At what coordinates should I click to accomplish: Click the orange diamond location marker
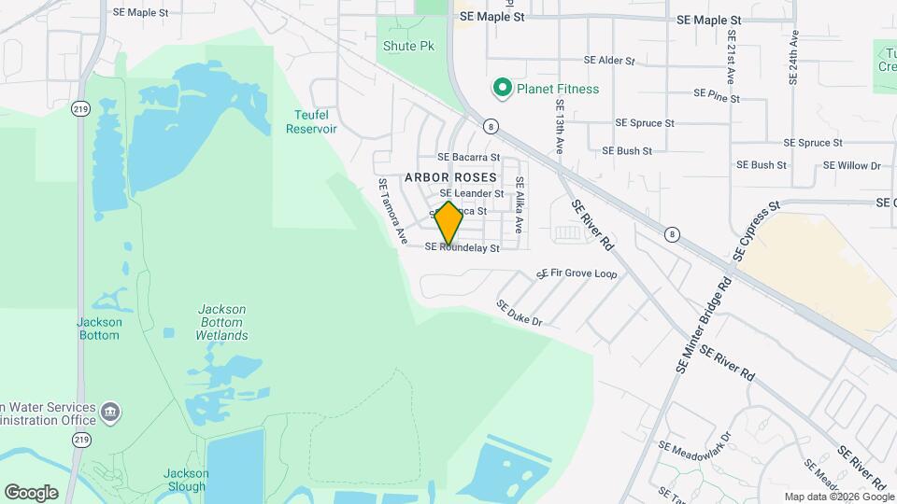(x=448, y=224)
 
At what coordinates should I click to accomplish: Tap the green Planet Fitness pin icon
(x=502, y=89)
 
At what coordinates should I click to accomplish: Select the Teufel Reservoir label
(x=311, y=121)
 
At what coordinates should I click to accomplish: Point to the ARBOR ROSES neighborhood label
(x=449, y=177)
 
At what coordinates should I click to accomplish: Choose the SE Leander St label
(x=473, y=193)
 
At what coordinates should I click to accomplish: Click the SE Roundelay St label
(x=462, y=248)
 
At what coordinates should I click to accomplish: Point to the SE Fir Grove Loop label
(x=577, y=274)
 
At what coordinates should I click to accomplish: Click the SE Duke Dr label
(x=520, y=314)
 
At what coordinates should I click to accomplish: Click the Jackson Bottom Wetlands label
(x=221, y=322)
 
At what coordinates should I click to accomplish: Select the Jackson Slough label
(x=186, y=480)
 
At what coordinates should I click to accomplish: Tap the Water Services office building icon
(x=110, y=412)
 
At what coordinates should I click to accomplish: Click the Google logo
(x=31, y=493)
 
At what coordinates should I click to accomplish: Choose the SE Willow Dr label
(x=852, y=165)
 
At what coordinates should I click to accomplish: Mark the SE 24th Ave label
(x=793, y=58)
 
